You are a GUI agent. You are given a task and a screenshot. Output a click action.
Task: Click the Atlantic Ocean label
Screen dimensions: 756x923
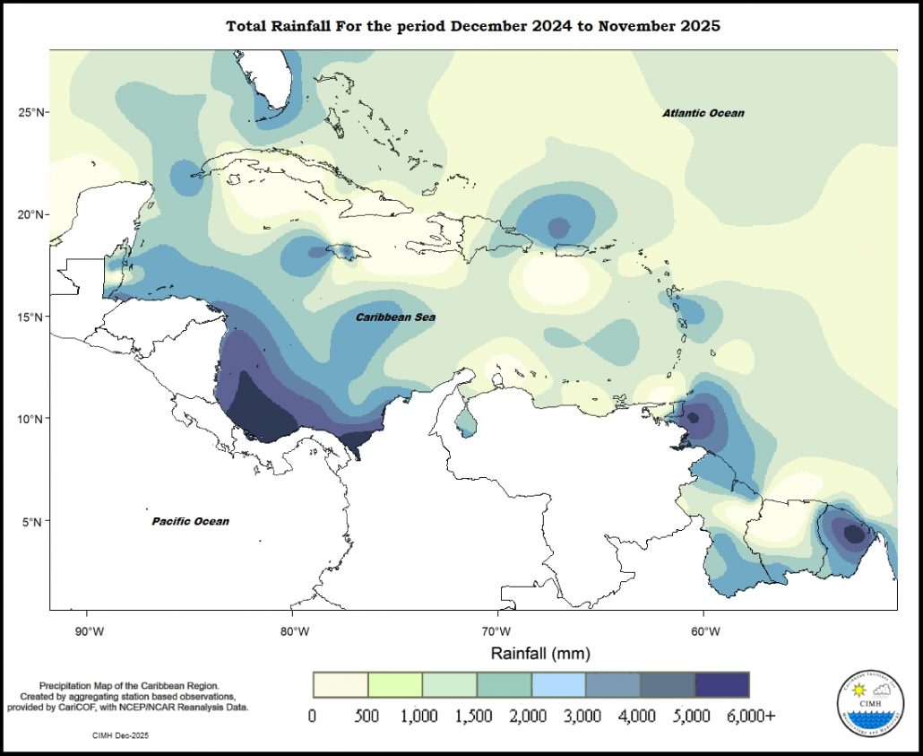(703, 113)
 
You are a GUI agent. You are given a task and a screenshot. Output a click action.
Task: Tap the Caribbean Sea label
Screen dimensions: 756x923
(395, 317)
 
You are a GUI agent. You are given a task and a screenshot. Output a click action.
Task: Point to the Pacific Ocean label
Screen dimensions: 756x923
(190, 521)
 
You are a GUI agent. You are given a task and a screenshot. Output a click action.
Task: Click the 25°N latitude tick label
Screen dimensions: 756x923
(32, 112)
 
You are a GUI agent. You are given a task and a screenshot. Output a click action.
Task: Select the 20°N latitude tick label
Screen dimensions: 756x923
(32, 215)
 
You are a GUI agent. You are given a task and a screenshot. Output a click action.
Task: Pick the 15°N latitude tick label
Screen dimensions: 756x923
(32, 317)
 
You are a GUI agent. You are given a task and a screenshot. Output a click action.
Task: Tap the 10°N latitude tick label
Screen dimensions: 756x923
(32, 419)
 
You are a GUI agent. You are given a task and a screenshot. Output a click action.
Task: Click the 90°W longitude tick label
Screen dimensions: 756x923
(87, 631)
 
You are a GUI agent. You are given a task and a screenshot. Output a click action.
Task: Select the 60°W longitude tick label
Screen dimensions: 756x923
(703, 631)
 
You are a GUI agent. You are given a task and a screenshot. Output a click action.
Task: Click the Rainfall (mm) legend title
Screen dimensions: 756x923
(539, 654)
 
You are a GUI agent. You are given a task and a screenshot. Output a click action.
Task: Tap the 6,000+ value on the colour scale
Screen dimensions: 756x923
(750, 717)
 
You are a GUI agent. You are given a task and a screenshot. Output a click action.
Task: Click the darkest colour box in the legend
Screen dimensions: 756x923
(722, 684)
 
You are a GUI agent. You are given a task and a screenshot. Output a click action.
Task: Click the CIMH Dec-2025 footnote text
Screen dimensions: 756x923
(120, 735)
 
